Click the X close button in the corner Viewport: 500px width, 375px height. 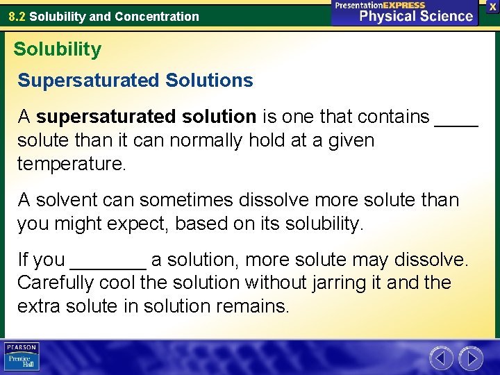[x=492, y=6]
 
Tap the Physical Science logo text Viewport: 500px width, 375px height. [x=416, y=16]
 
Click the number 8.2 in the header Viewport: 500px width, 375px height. [x=17, y=16]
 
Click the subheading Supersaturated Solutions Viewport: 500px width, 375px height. [x=135, y=81]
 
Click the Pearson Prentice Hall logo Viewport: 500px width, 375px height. [x=22, y=356]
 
